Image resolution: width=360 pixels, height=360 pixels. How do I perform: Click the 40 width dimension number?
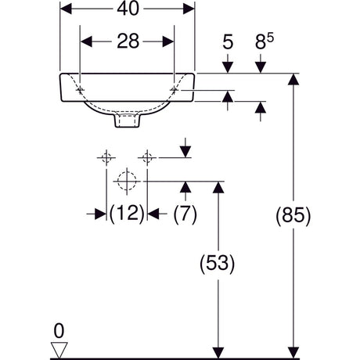coord(128,9)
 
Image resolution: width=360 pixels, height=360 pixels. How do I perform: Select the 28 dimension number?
coord(128,41)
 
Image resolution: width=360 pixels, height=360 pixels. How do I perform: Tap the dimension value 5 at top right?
coord(228,41)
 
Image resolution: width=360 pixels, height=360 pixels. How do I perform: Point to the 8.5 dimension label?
coord(265,41)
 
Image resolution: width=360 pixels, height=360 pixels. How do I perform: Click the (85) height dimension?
coord(293,216)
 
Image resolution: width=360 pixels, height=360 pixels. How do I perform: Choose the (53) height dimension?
coord(218,264)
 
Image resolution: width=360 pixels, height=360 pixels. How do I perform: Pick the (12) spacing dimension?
coord(127,214)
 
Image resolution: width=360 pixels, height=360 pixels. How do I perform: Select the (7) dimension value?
coord(185,214)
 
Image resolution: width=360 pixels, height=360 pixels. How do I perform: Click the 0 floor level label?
coord(59,331)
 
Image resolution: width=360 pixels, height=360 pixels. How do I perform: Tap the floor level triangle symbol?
coord(59,351)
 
